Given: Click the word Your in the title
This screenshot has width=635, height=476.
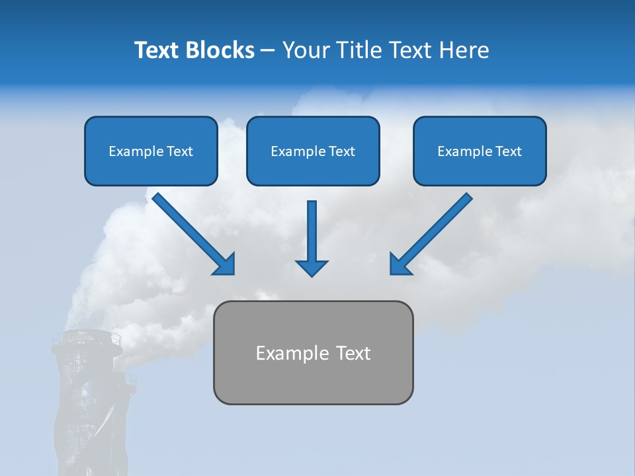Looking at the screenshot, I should click(x=305, y=50).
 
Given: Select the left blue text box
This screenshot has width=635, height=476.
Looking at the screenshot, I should click(x=151, y=151).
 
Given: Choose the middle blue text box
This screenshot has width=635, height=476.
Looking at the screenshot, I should click(x=313, y=151).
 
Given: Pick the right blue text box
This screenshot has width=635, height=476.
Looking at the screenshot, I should click(x=480, y=151).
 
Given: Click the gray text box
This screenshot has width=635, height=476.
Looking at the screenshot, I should click(x=313, y=352).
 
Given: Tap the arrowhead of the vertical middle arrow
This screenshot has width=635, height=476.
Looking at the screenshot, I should click(x=312, y=268).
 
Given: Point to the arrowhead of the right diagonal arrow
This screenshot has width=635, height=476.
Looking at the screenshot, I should click(x=400, y=264).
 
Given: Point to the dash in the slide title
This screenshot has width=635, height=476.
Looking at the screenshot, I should click(x=268, y=51).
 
